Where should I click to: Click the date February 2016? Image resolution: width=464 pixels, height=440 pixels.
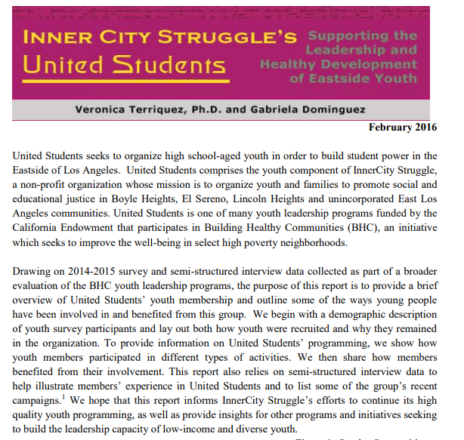tap(403, 127)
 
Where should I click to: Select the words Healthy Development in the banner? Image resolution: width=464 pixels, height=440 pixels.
tap(338, 64)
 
